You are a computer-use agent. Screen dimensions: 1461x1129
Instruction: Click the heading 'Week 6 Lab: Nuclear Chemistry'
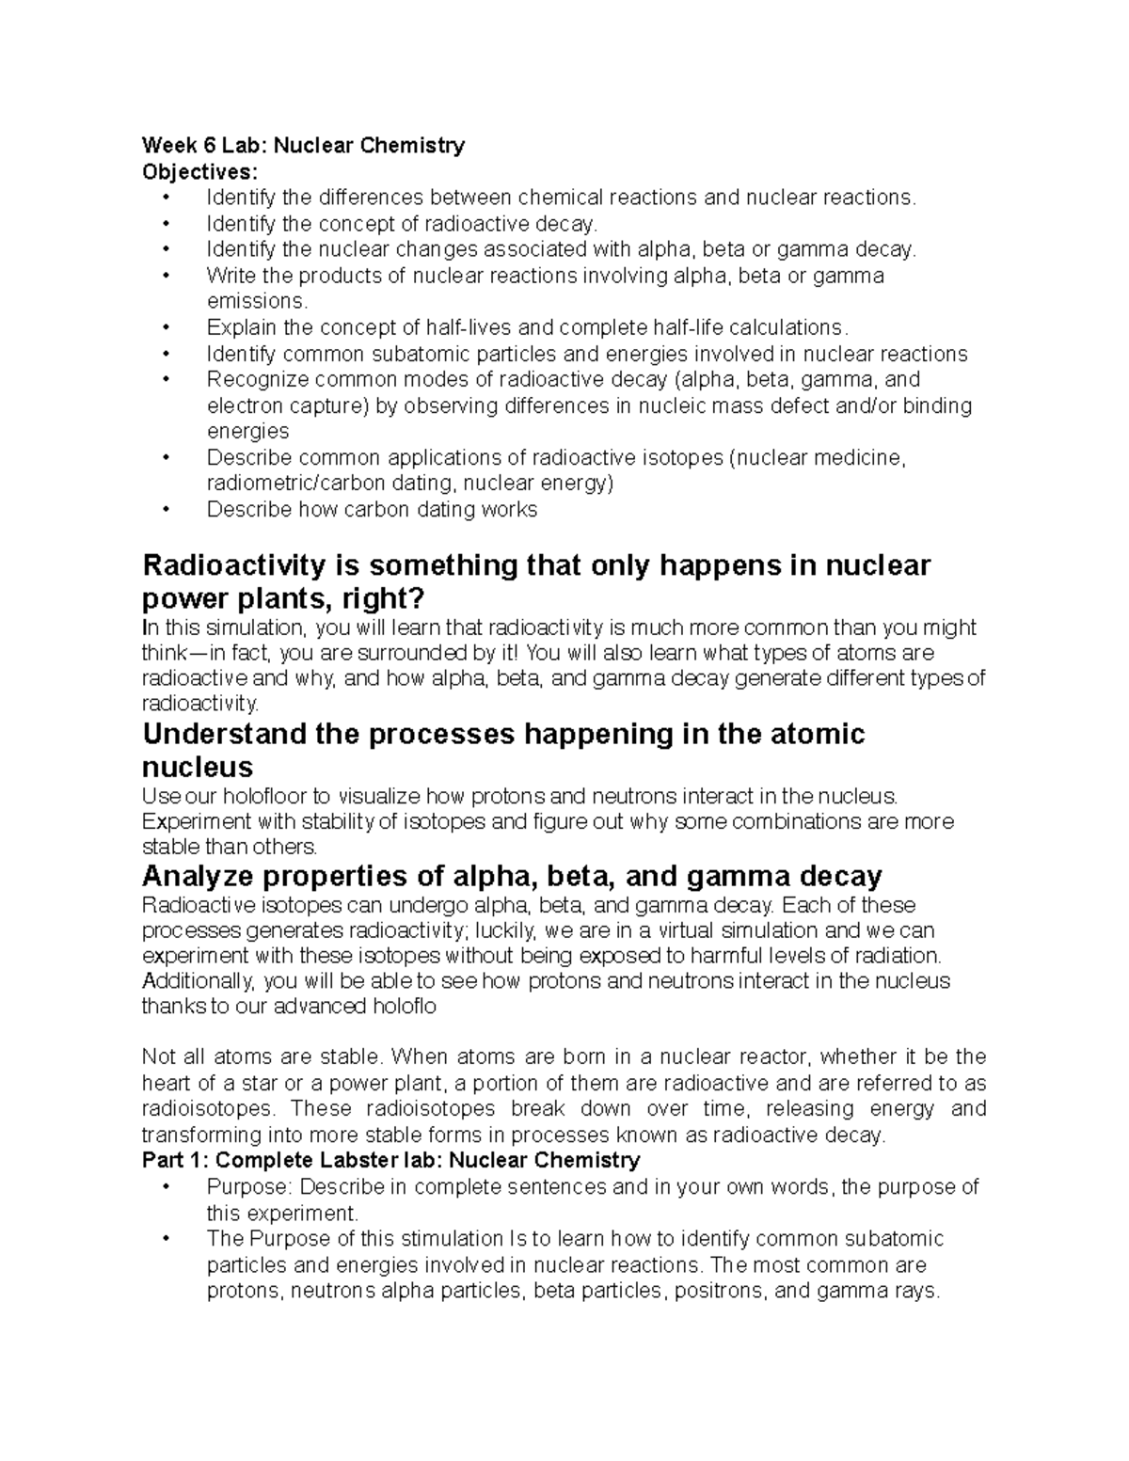(x=303, y=146)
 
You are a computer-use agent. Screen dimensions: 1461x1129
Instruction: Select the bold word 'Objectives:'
(x=198, y=172)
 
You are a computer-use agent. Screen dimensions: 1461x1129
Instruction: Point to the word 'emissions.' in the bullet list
(x=257, y=302)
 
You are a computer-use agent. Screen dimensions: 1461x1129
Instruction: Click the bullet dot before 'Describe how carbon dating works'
(x=167, y=510)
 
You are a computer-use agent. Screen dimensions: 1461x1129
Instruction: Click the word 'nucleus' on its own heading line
(x=197, y=767)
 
